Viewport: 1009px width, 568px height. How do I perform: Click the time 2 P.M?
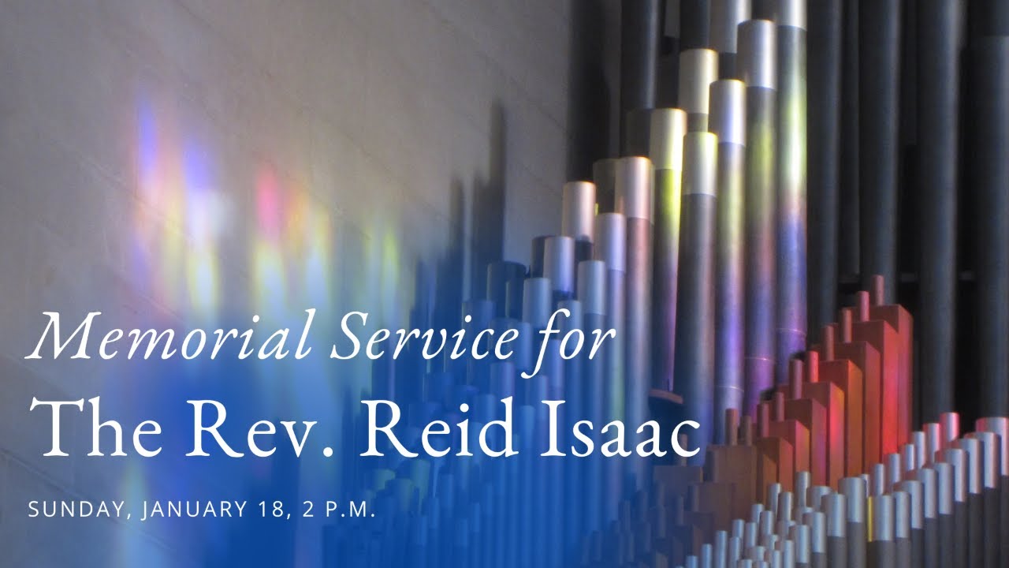click(x=335, y=510)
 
